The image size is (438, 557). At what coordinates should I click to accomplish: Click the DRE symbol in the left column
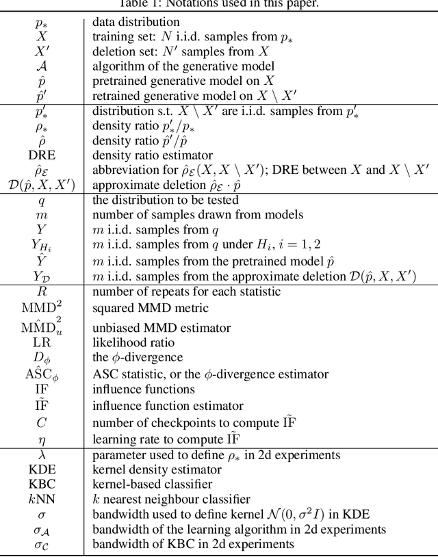(42, 155)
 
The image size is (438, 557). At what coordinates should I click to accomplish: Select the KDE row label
(42, 470)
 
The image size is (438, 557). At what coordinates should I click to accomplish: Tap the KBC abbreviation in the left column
(42, 484)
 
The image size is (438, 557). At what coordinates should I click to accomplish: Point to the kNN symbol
(42, 500)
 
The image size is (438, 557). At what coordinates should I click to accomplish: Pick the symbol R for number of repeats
(42, 291)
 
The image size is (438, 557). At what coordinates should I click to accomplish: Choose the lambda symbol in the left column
(42, 455)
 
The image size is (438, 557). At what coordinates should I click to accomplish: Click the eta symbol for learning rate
(42, 439)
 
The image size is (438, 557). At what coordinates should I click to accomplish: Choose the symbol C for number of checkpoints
(42, 423)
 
